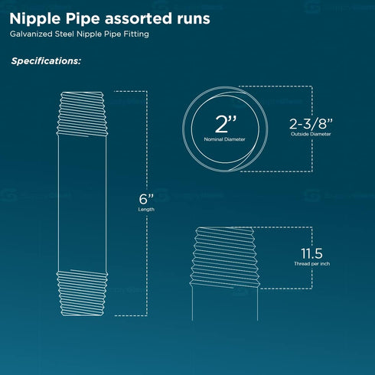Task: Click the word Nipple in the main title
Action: [x=36, y=19]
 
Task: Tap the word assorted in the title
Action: [x=139, y=18]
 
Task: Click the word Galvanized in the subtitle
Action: [x=31, y=34]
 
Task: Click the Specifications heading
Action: [x=46, y=61]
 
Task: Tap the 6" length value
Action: [x=146, y=199]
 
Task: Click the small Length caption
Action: [x=146, y=210]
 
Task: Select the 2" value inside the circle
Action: [x=226, y=124]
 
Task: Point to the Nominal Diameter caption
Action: [x=224, y=139]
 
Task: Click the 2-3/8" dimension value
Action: [x=311, y=124]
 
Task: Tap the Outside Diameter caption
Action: [x=311, y=134]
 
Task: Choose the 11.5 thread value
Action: [x=311, y=253]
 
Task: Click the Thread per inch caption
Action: [x=311, y=264]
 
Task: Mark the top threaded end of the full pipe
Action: [x=82, y=114]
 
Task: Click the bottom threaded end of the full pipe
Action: [x=82, y=293]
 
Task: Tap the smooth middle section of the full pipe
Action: [x=82, y=204]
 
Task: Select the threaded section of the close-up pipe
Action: [x=225, y=257]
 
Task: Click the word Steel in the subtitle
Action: [x=64, y=34]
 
